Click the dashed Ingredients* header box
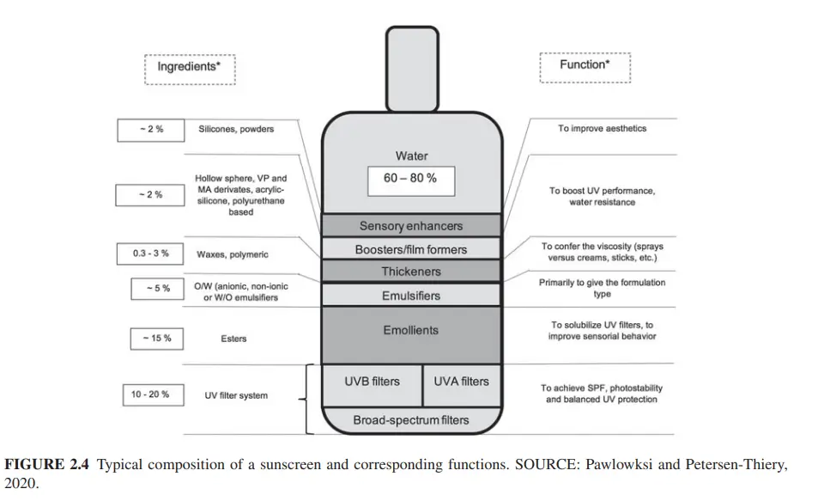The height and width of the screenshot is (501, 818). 189,67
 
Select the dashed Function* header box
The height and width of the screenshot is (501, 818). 585,66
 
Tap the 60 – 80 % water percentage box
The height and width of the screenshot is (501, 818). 411,179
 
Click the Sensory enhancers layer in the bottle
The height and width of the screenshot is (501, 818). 410,226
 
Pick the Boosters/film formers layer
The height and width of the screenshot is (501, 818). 410,249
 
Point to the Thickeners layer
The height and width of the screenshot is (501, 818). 410,272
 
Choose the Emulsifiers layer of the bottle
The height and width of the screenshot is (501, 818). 410,295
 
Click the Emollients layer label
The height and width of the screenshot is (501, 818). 410,330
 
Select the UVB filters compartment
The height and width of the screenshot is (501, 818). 372,382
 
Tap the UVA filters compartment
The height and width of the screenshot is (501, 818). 462,382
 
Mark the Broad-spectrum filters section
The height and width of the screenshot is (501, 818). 410,420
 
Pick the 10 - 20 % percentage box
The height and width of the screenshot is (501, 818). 150,395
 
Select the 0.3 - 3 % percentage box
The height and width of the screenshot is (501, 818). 150,254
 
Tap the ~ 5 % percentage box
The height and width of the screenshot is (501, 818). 156,289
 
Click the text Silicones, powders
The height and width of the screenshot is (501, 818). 236,129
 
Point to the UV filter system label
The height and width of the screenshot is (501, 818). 236,396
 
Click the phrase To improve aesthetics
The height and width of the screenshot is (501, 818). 602,129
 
